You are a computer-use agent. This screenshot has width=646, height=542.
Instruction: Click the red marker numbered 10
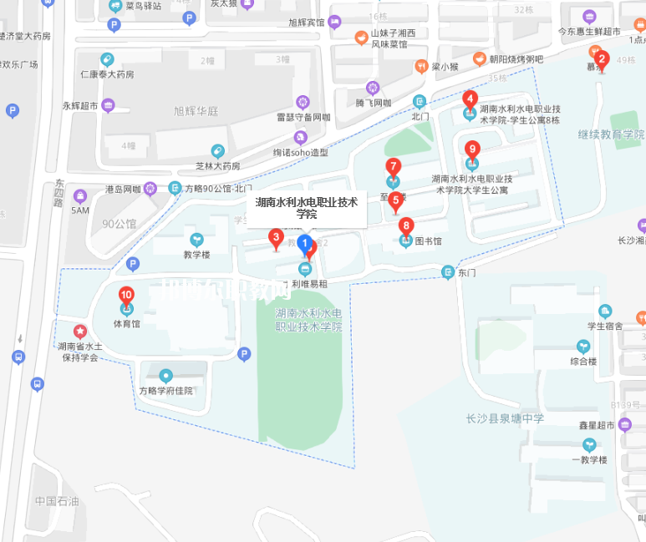(x=127, y=296)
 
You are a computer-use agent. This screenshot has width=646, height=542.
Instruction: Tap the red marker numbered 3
(x=275, y=238)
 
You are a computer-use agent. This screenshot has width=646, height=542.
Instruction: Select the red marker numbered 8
(x=406, y=226)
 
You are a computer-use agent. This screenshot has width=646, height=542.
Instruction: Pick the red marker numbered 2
(x=602, y=60)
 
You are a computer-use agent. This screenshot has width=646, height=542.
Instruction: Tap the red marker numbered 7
(x=393, y=167)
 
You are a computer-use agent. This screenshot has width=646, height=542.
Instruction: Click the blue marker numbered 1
(x=305, y=244)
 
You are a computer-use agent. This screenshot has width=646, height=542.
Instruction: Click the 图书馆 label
(x=428, y=241)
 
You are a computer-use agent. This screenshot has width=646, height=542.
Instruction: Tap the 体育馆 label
(x=127, y=323)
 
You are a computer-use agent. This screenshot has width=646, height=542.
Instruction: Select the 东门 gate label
(x=467, y=272)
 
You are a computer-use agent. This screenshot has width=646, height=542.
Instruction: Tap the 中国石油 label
(x=56, y=501)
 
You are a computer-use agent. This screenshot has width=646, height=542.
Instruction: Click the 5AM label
(x=80, y=210)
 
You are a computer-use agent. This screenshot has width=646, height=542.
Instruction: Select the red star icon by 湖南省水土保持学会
(x=80, y=332)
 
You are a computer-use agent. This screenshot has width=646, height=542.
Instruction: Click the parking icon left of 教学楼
(x=133, y=265)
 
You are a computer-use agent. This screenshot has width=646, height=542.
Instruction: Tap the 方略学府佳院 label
(x=165, y=390)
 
